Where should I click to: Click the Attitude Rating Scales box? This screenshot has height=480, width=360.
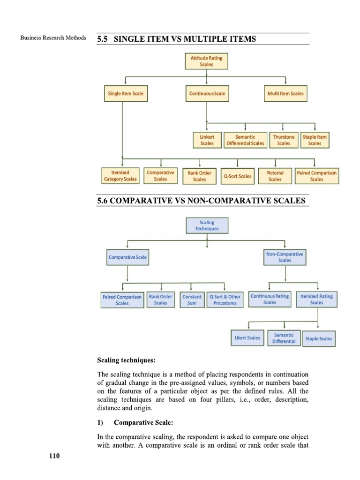(206, 61)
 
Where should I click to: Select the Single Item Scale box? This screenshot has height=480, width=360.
(126, 94)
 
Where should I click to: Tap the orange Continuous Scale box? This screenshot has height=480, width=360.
(207, 94)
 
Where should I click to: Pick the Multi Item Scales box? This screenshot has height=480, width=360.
(285, 94)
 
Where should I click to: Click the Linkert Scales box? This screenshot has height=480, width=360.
(207, 140)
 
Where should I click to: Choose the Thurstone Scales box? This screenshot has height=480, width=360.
(284, 140)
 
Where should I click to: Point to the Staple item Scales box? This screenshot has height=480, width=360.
(315, 140)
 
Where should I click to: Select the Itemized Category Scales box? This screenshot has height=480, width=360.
(120, 176)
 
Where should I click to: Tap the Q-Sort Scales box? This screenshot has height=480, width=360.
(238, 176)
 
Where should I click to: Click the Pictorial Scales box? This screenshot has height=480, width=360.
(275, 176)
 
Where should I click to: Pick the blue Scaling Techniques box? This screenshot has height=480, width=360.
(207, 225)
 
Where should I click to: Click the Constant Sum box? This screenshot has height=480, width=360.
(192, 300)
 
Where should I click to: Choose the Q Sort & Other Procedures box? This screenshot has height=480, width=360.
(225, 300)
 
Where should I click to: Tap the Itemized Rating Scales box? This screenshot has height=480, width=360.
(316, 300)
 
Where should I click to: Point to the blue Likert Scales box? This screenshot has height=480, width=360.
(247, 338)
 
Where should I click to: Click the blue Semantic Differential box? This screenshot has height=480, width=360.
(284, 338)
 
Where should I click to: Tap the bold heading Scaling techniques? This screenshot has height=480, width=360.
(126, 360)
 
